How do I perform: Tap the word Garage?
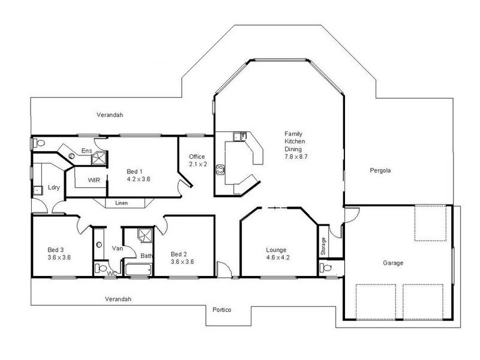click(x=393, y=263)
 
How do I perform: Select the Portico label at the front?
click(x=222, y=310)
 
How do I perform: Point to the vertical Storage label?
click(x=324, y=245)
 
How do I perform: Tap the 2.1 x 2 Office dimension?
click(x=197, y=164)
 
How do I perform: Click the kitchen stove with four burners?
click(x=220, y=169)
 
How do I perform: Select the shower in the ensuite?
click(x=100, y=158)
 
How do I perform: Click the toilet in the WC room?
click(x=101, y=268)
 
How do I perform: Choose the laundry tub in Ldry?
click(x=37, y=190)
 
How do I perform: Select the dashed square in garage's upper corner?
click(x=430, y=223)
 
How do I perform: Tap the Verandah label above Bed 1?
click(x=110, y=115)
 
